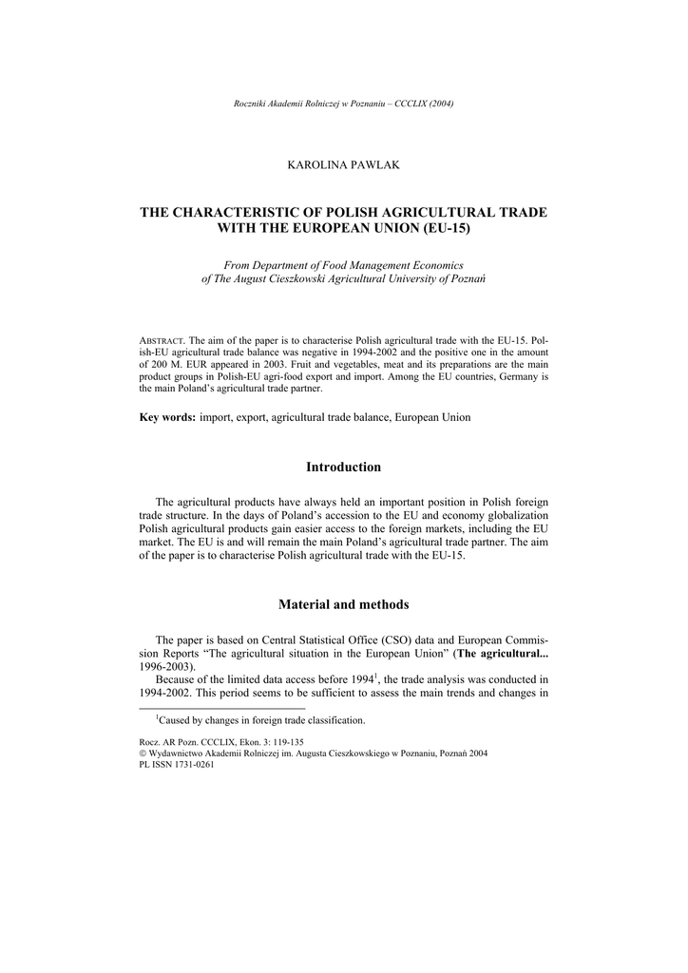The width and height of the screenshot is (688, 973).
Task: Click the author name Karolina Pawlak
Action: click(343, 165)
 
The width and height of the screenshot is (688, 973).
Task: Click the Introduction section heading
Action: click(343, 467)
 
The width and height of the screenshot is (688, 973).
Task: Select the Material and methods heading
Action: click(343, 603)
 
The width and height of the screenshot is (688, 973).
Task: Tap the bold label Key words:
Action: click(167, 417)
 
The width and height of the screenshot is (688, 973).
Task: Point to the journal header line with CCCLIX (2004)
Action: click(343, 103)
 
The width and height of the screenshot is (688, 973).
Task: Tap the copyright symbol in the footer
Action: click(143, 753)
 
